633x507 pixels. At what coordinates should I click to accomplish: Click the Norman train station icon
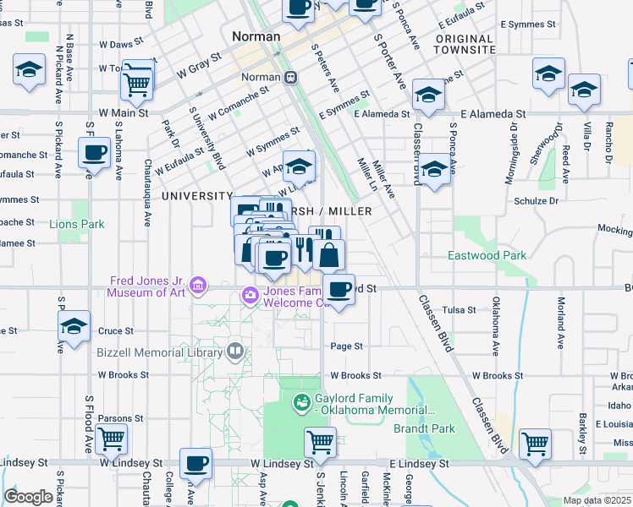pyautogui.click(x=290, y=77)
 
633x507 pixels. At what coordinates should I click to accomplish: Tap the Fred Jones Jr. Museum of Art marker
pyautogui.click(x=197, y=285)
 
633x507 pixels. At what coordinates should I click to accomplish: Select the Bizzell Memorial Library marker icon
pyautogui.click(x=234, y=349)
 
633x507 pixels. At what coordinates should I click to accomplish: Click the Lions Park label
pyautogui.click(x=76, y=224)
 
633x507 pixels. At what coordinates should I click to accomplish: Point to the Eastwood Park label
pyautogui.click(x=487, y=255)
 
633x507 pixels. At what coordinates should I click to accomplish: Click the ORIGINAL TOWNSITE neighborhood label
pyautogui.click(x=465, y=45)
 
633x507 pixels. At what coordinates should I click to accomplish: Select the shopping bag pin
pyautogui.click(x=329, y=253)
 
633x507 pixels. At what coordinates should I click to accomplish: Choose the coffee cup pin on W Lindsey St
pyautogui.click(x=196, y=463)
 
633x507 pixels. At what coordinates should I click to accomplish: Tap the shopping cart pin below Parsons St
pyautogui.click(x=111, y=439)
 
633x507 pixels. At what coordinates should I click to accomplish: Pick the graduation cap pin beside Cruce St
pyautogui.click(x=74, y=327)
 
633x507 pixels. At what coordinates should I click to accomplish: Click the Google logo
pyautogui.click(x=28, y=497)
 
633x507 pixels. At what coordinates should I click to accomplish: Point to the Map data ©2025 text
pyautogui.click(x=597, y=500)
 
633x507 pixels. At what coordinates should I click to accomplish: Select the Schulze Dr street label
pyautogui.click(x=536, y=201)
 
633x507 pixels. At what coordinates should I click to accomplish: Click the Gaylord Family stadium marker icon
pyautogui.click(x=300, y=403)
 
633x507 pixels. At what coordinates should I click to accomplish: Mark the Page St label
pyautogui.click(x=346, y=346)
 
